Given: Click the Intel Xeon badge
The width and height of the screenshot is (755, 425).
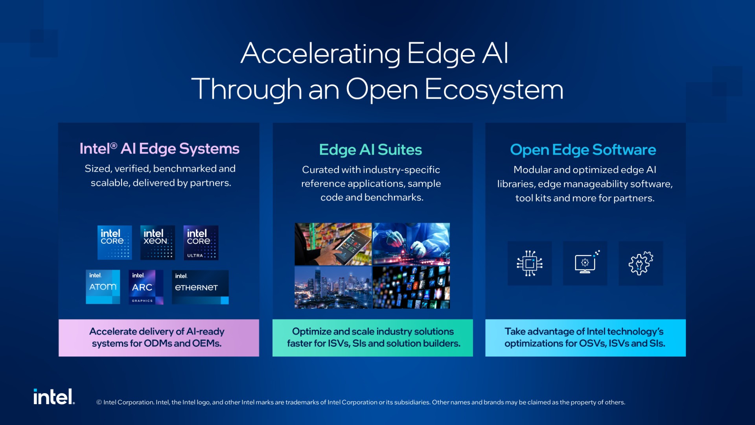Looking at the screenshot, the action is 158,242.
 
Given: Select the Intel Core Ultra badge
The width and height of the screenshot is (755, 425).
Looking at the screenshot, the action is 201,242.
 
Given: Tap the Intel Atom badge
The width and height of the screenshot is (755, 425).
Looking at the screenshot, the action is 103,287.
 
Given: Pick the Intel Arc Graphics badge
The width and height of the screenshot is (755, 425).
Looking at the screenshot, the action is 146,287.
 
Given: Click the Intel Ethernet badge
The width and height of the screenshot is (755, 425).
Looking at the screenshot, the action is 200,287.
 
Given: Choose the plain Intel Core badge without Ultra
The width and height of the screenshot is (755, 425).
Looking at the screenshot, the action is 115,242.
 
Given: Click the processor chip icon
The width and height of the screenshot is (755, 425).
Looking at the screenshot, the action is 530,263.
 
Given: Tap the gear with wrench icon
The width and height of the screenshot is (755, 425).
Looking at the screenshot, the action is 641,263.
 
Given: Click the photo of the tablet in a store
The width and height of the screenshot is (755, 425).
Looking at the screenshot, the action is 333,244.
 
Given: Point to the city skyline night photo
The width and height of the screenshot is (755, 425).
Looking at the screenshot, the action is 333,287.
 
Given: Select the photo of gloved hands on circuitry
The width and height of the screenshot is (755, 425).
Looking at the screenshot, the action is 411,244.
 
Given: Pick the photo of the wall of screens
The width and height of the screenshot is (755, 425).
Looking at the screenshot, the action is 411,287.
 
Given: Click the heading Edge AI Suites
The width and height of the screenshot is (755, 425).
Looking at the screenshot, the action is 370,150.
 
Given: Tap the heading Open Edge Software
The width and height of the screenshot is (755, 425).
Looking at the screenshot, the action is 583,150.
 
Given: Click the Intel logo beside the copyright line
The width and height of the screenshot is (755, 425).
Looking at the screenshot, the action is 54,397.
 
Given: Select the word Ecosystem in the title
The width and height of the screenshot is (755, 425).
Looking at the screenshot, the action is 494,90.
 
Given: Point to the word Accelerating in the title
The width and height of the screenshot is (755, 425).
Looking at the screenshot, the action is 320,54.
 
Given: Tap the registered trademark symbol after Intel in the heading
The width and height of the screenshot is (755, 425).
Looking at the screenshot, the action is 114,146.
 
